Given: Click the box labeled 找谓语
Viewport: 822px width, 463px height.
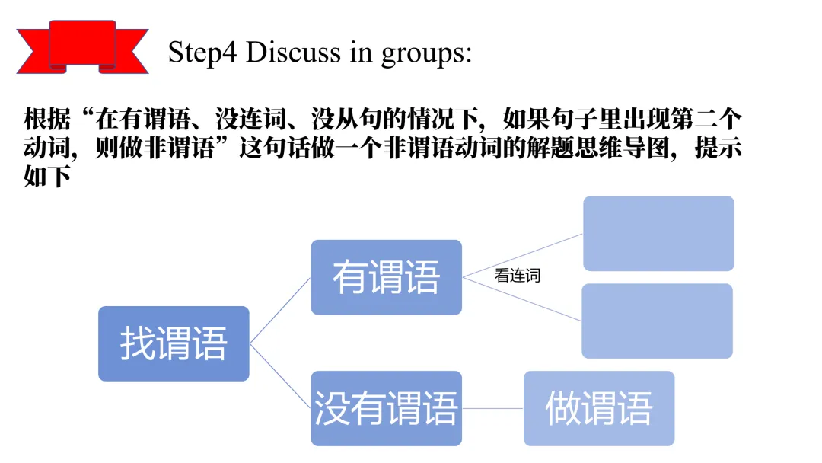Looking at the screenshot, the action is (174, 343).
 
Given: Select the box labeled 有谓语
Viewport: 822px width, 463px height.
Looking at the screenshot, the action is (386, 277).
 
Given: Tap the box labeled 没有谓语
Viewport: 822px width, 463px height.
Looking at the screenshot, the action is (386, 408).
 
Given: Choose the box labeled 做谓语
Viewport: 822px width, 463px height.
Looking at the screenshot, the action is (598, 408).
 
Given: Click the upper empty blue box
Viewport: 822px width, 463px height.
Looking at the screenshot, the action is (658, 233).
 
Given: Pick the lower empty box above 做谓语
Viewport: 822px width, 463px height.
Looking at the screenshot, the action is (657, 321).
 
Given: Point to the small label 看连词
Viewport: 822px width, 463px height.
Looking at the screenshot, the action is (517, 276).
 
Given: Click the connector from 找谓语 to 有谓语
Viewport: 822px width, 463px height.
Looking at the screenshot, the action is (280, 311).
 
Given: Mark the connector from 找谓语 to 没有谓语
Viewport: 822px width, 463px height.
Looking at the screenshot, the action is (280, 376).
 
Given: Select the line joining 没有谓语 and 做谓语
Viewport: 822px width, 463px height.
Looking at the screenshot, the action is (492, 408).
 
